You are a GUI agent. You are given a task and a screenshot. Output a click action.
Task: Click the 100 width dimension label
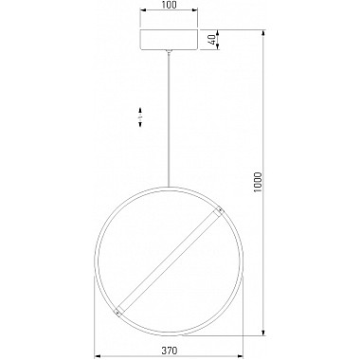click(x=169, y=5)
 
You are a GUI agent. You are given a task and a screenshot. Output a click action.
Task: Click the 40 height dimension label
click(x=212, y=40)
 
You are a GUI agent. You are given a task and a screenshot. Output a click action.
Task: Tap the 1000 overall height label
click(x=258, y=183)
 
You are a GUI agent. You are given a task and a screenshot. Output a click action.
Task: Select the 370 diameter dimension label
click(x=169, y=351)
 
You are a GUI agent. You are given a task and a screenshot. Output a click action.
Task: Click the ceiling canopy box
click(x=169, y=40)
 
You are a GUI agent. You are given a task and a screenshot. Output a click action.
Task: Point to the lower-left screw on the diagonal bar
click(x=117, y=313)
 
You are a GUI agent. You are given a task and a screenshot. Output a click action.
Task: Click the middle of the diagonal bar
click(x=169, y=261)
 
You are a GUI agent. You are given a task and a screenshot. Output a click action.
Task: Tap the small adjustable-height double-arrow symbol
click(x=140, y=117)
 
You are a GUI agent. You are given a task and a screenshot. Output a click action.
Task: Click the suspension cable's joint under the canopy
click(x=170, y=52)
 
